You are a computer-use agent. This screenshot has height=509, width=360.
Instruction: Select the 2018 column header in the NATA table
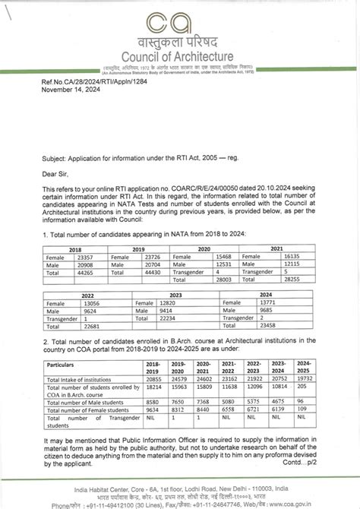[x=75, y=249]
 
